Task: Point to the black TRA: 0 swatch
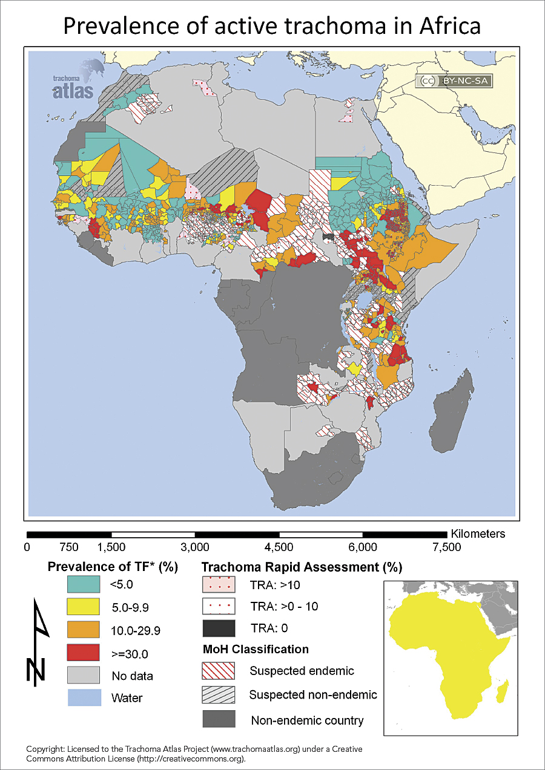tap(217, 628)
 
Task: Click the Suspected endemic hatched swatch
tap(217, 671)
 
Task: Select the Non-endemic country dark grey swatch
tap(217, 719)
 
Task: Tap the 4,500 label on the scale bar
tap(279, 547)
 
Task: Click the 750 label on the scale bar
tap(69, 547)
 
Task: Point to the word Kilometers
tap(478, 534)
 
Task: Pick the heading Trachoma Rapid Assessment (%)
tap(302, 567)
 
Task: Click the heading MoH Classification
tap(255, 650)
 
